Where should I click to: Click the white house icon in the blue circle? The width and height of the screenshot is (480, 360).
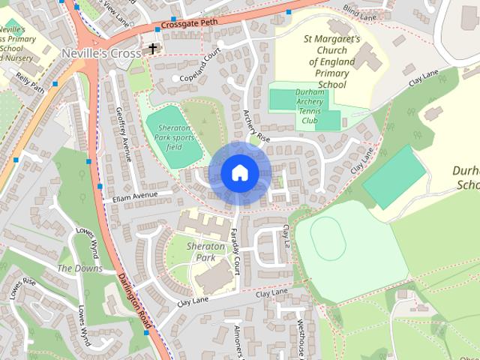[239, 173]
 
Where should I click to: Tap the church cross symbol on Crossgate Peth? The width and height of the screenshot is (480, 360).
[153, 49]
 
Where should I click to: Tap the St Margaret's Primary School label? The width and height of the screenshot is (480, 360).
[332, 61]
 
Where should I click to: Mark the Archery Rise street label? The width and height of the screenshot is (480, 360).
[256, 124]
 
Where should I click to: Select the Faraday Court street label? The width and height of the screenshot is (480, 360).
[235, 251]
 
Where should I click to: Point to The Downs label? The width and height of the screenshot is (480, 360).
[79, 268]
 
